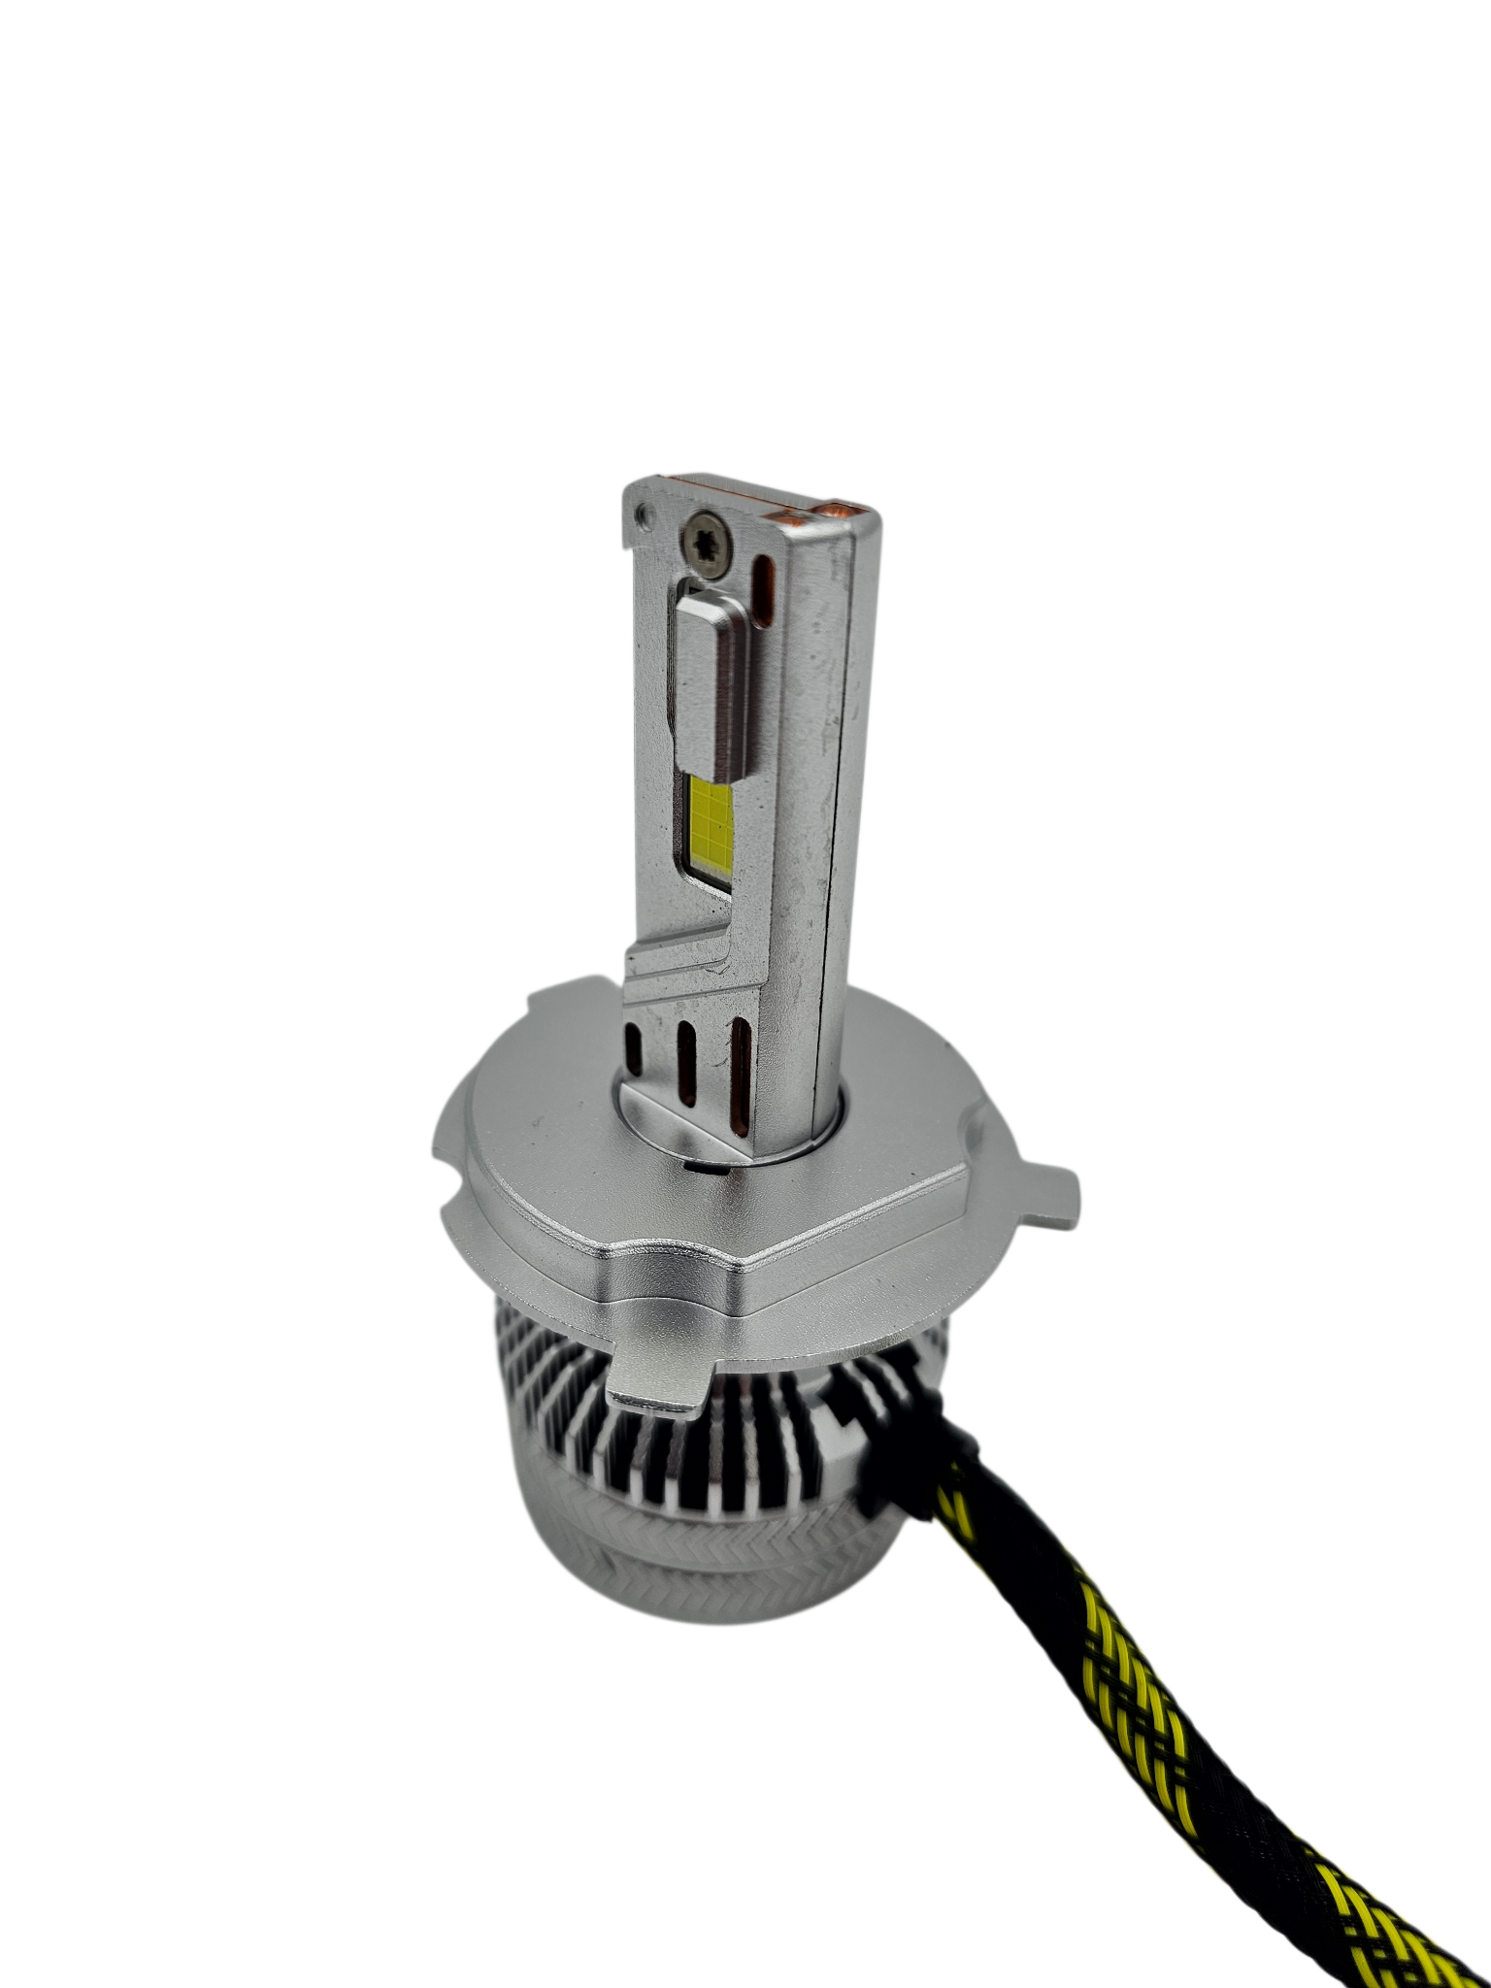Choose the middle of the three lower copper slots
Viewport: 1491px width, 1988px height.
[x=688, y=1068]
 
